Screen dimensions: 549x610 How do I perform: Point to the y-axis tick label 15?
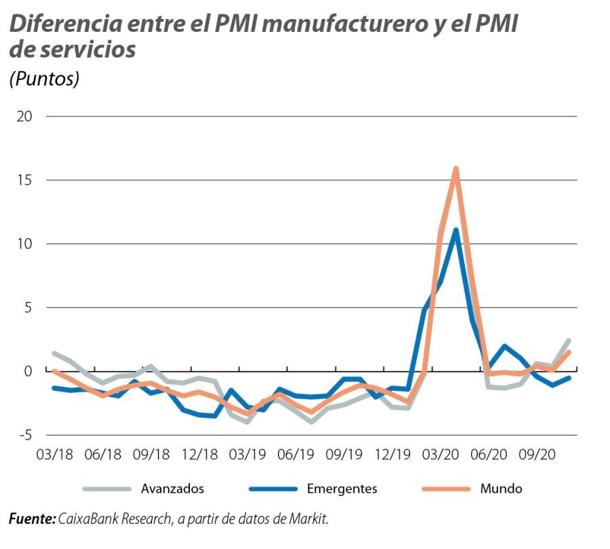click(x=24, y=181)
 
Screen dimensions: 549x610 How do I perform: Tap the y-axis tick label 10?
click(x=24, y=244)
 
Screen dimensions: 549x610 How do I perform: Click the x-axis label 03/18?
click(x=54, y=454)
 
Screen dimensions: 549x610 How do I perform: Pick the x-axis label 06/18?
click(x=103, y=454)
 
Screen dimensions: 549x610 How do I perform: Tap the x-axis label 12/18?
click(x=200, y=454)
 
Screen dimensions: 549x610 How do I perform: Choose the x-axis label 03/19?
click(x=248, y=454)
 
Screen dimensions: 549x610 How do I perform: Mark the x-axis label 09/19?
click(x=345, y=454)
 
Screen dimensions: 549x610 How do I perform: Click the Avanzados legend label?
click(x=172, y=489)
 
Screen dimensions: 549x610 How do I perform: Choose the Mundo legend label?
click(x=501, y=489)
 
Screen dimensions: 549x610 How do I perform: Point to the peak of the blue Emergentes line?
click(x=456, y=230)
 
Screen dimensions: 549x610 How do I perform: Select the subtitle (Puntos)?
click(x=44, y=79)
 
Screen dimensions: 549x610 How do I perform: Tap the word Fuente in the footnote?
click(x=32, y=520)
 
